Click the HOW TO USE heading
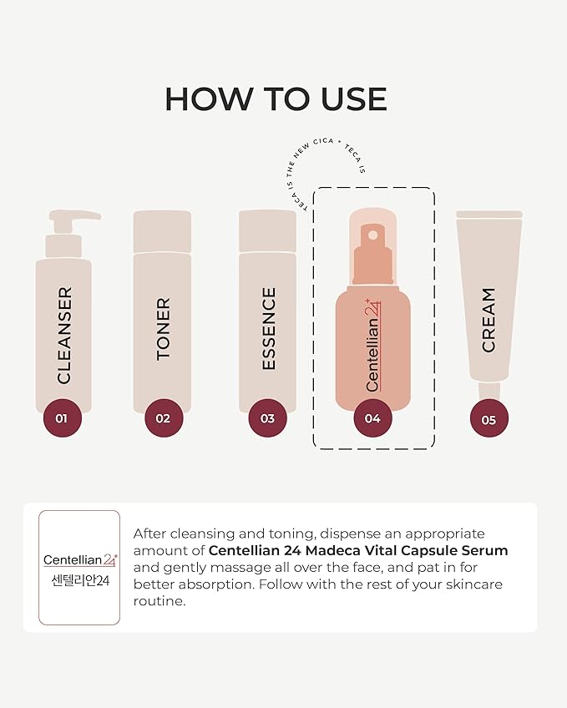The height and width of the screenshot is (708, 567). [276, 99]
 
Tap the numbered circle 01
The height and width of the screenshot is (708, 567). [62, 418]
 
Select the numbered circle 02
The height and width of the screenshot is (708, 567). [163, 418]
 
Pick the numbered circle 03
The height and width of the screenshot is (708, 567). [267, 418]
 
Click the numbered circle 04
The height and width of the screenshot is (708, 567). [372, 418]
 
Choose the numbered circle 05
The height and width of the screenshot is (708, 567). [489, 419]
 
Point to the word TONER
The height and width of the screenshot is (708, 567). [164, 329]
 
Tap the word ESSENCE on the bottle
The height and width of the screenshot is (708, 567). [268, 329]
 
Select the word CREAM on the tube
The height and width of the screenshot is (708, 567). [489, 320]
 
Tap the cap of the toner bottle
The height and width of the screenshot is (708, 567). [163, 230]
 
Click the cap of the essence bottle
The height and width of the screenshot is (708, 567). [267, 230]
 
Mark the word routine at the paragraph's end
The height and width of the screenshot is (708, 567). [158, 601]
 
